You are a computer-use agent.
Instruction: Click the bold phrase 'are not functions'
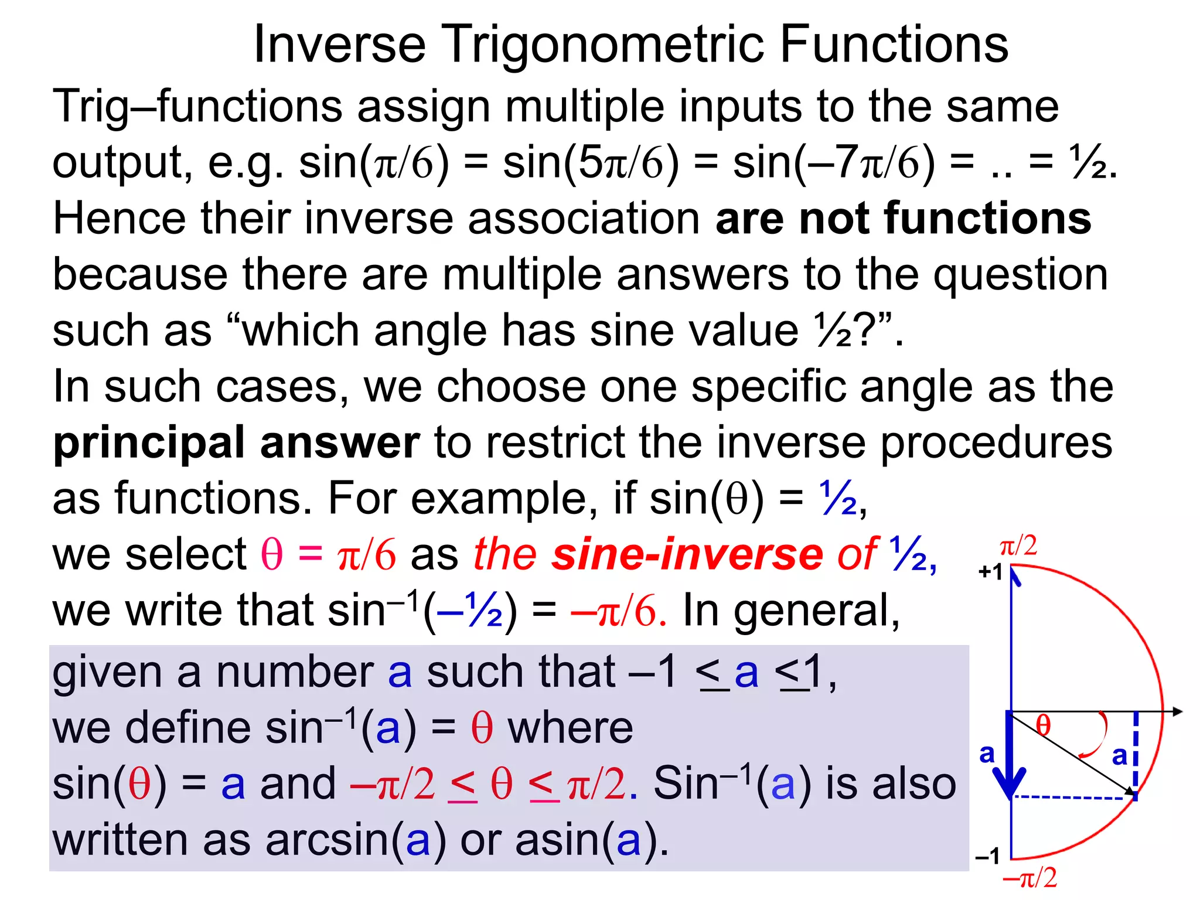[903, 218]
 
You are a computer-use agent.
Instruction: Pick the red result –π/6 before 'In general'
[619, 610]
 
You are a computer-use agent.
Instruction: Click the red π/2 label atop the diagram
[1018, 546]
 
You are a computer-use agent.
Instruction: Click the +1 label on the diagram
[991, 571]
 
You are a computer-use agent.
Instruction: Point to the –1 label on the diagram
[987, 857]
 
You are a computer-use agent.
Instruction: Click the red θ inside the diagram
[1043, 725]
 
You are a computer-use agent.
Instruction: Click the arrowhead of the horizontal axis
[1178, 711]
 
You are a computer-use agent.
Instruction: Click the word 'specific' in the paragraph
[768, 387]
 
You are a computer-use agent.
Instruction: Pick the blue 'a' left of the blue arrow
[987, 754]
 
